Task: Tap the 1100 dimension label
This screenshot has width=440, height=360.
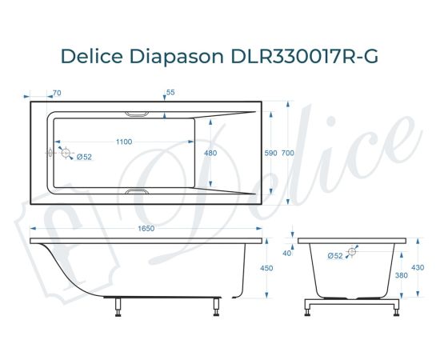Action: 123,142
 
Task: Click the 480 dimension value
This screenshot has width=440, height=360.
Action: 210,152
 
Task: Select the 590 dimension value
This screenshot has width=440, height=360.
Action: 270,152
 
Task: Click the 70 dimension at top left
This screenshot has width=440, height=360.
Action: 57,94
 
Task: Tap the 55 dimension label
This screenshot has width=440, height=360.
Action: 170,93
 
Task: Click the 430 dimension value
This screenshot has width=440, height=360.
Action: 416,267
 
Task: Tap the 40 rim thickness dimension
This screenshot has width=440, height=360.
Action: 287,253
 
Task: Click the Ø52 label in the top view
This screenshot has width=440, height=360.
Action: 84,157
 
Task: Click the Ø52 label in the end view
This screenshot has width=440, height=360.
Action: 336,255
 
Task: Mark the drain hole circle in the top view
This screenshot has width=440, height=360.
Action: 66,152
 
